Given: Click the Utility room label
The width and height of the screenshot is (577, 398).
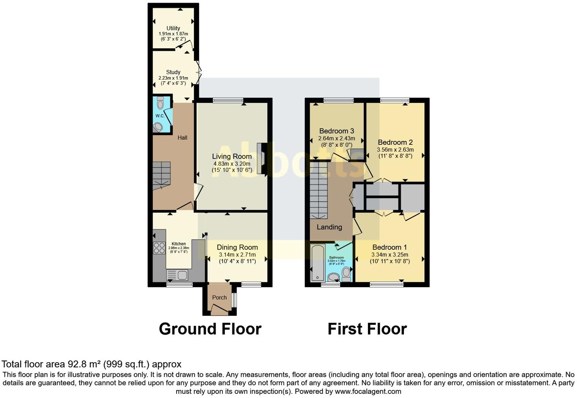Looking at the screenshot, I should click(x=173, y=28).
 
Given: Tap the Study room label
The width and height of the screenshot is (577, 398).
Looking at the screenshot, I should click(x=173, y=72).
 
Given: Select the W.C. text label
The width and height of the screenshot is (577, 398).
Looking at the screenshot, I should click(x=160, y=116).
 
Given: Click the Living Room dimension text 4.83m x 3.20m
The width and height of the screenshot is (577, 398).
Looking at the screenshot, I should click(x=232, y=164).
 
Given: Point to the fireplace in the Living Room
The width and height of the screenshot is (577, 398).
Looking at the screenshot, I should click(x=262, y=158).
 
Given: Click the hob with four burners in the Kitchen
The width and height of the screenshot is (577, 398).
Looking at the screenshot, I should click(x=159, y=248).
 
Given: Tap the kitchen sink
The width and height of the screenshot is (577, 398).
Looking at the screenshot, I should click(x=177, y=275).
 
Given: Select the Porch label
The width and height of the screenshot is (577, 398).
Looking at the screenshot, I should click(x=219, y=297).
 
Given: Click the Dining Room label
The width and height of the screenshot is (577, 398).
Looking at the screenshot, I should click(x=237, y=247).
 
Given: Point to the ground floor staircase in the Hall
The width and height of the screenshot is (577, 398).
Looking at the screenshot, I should click(x=162, y=175).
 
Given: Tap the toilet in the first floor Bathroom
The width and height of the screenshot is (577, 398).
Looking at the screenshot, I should click(x=346, y=273).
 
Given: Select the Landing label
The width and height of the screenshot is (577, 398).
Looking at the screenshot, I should click(x=329, y=227).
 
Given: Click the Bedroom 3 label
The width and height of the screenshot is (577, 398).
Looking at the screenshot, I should click(x=336, y=131).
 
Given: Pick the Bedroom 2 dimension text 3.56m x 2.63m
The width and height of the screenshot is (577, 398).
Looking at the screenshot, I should click(x=395, y=150).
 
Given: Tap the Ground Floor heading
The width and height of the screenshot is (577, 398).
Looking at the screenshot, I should click(x=210, y=329).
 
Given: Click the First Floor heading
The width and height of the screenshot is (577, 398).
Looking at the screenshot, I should click(x=367, y=329).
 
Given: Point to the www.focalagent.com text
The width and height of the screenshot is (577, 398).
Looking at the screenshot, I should click(x=368, y=391).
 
